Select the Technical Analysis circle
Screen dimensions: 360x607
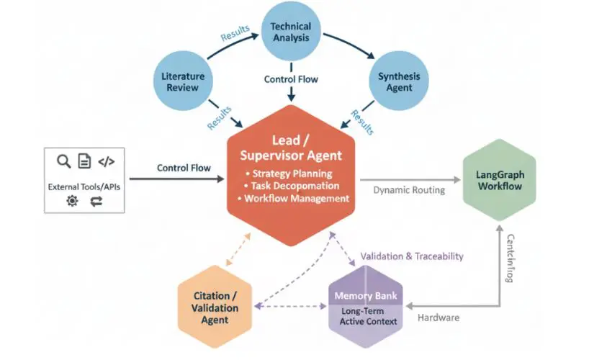(290, 32)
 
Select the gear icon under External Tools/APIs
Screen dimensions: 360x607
(71, 202)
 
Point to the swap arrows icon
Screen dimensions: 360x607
(96, 202)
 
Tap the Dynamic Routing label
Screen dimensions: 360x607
(409, 190)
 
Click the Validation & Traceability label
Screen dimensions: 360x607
(411, 256)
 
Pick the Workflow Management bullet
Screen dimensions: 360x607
(297, 198)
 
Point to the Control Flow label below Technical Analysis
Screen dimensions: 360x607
(290, 79)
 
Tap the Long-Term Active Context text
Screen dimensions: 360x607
(368, 316)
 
